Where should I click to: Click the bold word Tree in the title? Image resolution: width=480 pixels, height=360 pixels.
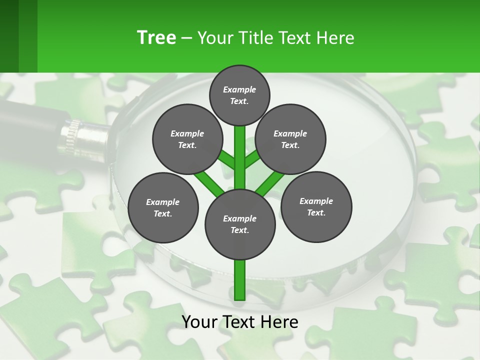(x=156, y=37)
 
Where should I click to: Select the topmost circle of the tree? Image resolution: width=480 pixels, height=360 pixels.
(x=239, y=95)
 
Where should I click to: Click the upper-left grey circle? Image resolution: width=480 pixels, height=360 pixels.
(x=187, y=139)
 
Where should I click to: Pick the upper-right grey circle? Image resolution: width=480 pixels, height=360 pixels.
(x=290, y=139)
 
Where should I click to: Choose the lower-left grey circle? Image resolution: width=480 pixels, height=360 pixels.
(x=163, y=207)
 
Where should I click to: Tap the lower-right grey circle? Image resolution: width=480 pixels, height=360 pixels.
(x=316, y=206)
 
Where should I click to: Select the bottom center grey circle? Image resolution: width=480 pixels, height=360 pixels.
(x=240, y=224)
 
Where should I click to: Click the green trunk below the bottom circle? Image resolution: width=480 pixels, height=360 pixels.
(x=240, y=280)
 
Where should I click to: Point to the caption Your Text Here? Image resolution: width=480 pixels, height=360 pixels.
(x=240, y=322)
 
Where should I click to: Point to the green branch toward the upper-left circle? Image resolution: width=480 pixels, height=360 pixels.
(x=226, y=160)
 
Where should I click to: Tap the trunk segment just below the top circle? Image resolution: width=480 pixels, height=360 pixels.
(x=240, y=145)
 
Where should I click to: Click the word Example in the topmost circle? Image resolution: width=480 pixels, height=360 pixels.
(x=239, y=89)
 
